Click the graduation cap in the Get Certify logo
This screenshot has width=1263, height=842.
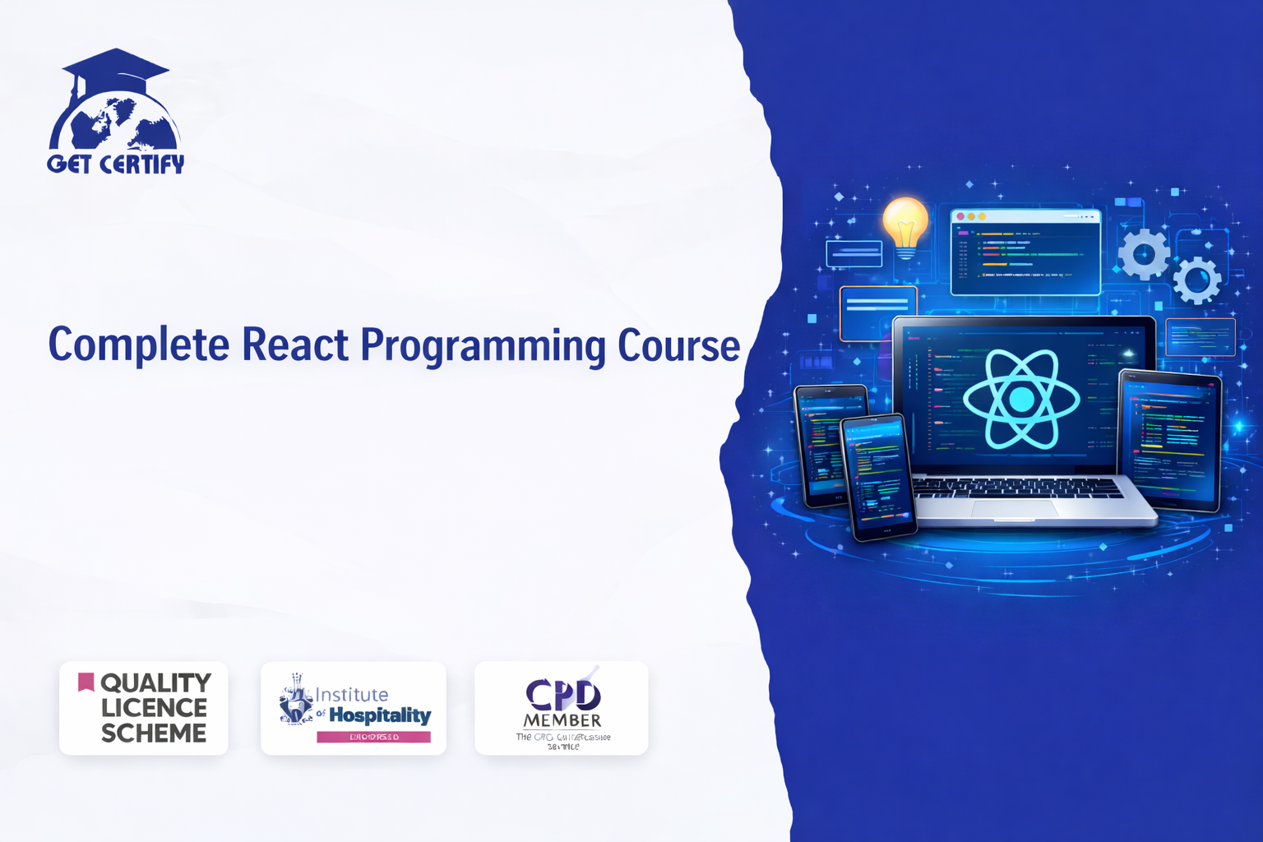click(115, 69)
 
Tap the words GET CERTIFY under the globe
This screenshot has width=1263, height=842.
click(116, 164)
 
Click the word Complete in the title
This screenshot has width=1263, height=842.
click(138, 345)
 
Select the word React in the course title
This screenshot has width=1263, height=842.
click(294, 345)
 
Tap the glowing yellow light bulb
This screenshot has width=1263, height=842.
click(905, 224)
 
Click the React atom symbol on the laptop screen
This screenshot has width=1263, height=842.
click(1021, 400)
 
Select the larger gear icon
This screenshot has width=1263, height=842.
click(1144, 254)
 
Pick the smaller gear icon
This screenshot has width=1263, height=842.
click(1196, 280)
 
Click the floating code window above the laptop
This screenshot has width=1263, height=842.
click(1025, 252)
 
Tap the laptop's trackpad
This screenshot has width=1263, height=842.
click(1015, 509)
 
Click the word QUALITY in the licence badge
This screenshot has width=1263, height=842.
click(155, 683)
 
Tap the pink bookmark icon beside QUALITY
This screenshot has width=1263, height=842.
click(86, 682)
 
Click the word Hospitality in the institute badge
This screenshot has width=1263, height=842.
click(380, 715)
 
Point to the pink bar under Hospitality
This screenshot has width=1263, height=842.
click(373, 737)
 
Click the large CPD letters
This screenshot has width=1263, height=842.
click(563, 695)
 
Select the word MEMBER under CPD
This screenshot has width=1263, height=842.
click(562, 720)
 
